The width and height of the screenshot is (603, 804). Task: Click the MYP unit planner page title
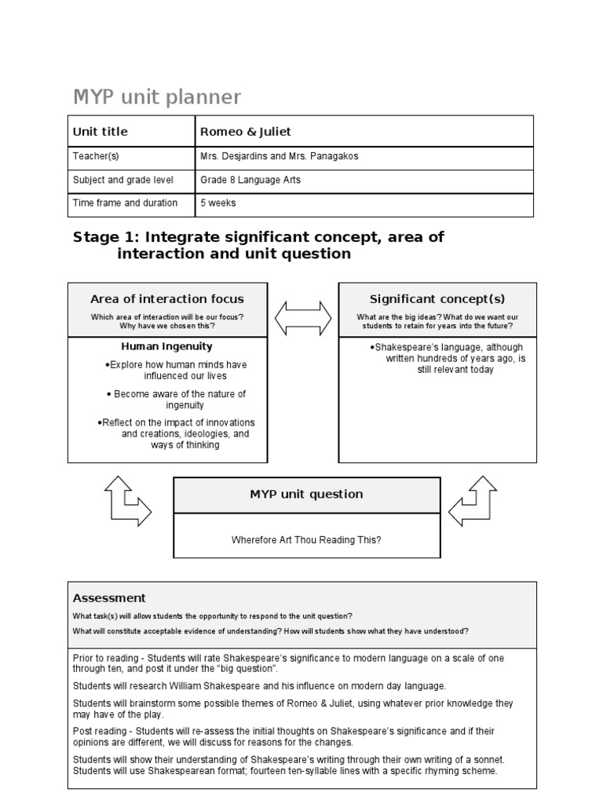point(157,97)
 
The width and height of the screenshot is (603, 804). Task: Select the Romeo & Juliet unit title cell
point(246,131)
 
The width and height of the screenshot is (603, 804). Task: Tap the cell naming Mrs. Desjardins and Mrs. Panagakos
point(280,156)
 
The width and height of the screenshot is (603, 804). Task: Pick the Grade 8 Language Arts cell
point(250,180)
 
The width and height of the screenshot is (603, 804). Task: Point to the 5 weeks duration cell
point(218,203)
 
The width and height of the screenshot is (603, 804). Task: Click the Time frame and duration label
point(125,203)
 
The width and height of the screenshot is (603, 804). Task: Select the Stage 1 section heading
point(259,245)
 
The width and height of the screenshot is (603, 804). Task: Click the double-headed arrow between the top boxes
point(303,318)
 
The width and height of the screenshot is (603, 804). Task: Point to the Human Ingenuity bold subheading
point(166,346)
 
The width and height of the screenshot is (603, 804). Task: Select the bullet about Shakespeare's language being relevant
point(449,358)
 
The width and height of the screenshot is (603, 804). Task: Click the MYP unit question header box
point(306,494)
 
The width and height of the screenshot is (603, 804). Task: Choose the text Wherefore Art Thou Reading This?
point(306,539)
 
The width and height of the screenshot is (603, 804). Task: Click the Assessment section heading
point(109,598)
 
